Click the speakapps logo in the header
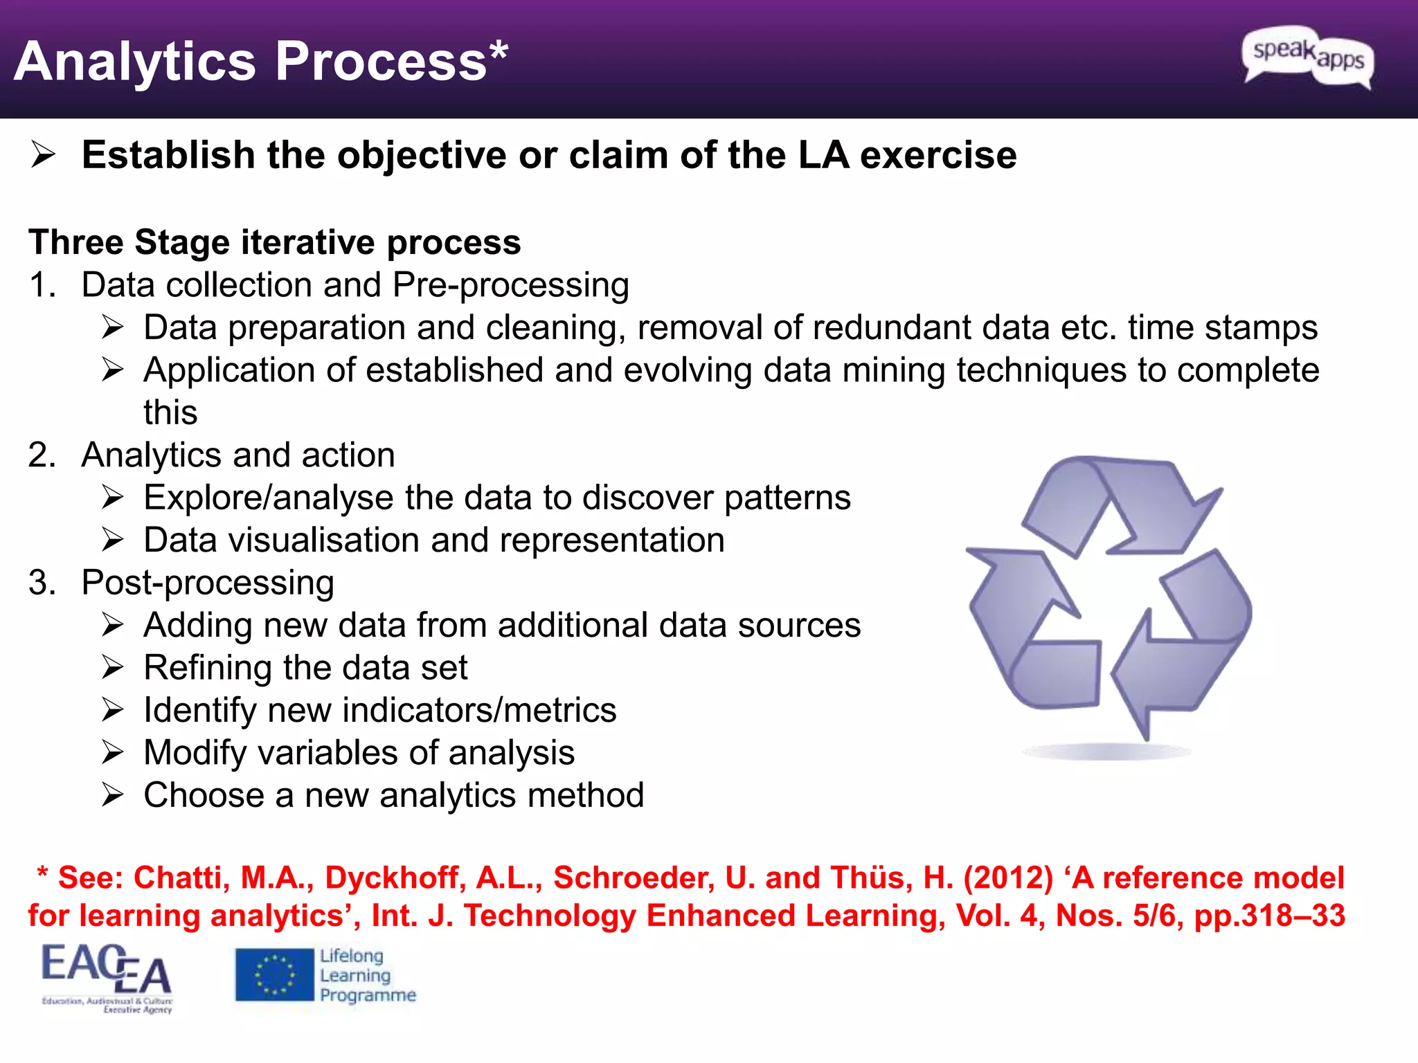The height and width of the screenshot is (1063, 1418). (x=1307, y=57)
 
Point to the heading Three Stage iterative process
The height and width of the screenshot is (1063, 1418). (x=274, y=242)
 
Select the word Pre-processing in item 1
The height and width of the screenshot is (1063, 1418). (x=510, y=285)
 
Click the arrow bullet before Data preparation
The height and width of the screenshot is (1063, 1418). (x=112, y=327)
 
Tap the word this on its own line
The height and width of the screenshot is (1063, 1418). (x=170, y=412)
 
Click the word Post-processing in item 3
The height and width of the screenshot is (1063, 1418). (x=208, y=583)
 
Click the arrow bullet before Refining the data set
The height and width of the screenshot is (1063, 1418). (x=112, y=668)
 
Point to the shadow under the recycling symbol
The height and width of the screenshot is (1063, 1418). (x=1106, y=752)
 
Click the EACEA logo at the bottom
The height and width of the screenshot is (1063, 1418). (x=107, y=976)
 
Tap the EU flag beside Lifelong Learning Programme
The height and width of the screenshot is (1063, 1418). (x=274, y=975)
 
